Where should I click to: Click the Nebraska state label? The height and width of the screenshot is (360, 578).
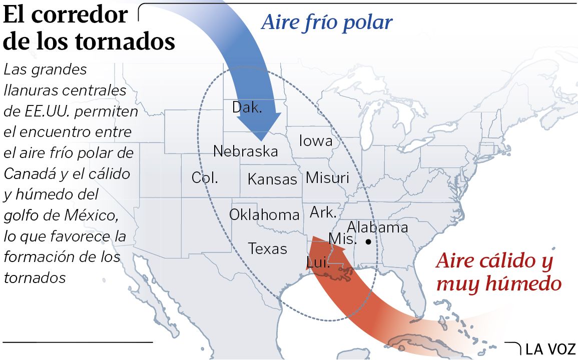245,151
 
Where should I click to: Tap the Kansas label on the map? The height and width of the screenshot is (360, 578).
272,179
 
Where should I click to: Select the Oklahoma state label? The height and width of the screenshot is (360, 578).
264,215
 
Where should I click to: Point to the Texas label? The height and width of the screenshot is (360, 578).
268,248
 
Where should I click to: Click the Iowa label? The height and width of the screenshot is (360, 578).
316,141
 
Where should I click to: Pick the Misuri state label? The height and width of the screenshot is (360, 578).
327,177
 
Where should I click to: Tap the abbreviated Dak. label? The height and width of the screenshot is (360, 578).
247,107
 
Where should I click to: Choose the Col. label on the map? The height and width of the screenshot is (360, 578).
205,177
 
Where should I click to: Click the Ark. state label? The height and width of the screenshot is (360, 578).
323,212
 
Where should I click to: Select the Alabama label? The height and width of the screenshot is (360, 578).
377,227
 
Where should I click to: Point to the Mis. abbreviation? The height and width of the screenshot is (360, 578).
343,239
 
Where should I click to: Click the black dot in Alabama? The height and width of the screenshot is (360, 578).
368,242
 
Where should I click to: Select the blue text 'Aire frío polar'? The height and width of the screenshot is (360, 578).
327,22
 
